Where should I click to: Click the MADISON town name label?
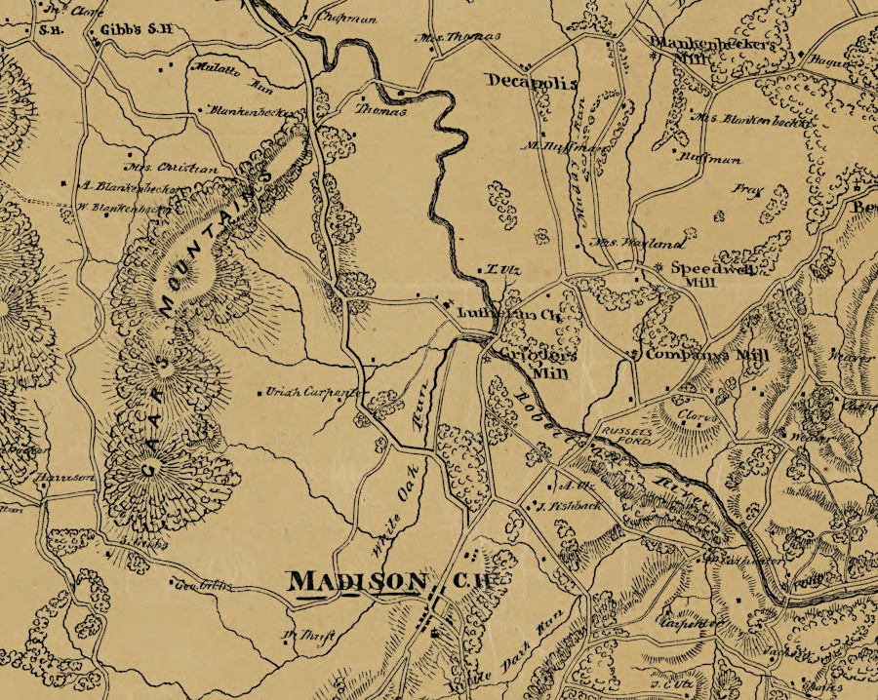tap(357, 581)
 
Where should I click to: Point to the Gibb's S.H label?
tap(137, 30)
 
